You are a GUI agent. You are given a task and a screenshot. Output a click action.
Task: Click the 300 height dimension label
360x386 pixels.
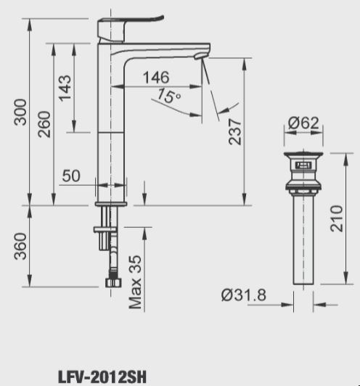(21, 111)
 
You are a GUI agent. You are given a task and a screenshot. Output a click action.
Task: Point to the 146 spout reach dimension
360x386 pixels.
(155, 77)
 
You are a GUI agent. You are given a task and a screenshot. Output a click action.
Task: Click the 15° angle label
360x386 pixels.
(168, 96)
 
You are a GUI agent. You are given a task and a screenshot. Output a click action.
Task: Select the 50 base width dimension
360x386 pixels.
(70, 176)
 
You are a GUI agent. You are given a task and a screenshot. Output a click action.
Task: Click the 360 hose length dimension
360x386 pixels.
(21, 245)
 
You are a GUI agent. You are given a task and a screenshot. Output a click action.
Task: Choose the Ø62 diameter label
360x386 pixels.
(304, 123)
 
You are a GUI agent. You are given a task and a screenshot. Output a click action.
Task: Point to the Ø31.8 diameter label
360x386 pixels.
(242, 295)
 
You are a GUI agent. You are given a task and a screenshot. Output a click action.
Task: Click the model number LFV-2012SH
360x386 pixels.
(102, 377)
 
